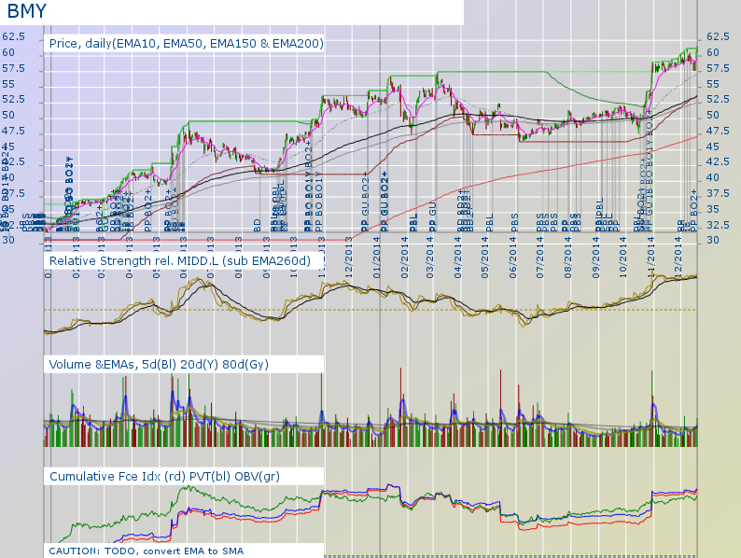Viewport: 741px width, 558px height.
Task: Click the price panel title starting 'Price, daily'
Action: click(186, 43)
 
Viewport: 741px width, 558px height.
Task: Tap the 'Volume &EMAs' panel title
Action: click(159, 364)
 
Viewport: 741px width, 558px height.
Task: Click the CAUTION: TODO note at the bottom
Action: click(146, 551)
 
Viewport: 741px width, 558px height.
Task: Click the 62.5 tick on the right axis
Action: click(720, 36)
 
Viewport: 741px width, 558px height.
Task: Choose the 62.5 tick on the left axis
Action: click(13, 36)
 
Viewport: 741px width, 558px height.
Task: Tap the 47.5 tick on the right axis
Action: click(720, 146)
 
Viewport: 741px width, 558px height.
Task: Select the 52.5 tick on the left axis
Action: click(13, 99)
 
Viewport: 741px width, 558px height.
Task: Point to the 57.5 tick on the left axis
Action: click(13, 68)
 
